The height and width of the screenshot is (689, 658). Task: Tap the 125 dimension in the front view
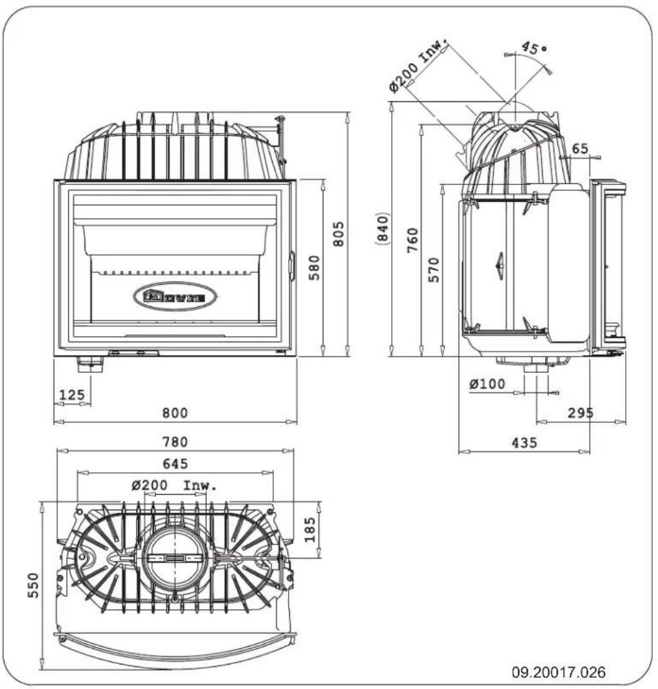[72, 394]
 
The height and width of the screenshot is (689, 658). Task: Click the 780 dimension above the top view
[175, 442]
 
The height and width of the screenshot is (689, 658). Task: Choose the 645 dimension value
[175, 463]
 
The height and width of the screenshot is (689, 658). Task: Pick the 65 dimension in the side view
[580, 148]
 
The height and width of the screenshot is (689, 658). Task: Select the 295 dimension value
[581, 413]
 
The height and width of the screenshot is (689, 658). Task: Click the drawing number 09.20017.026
[558, 673]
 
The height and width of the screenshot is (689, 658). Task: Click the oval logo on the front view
[175, 297]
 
